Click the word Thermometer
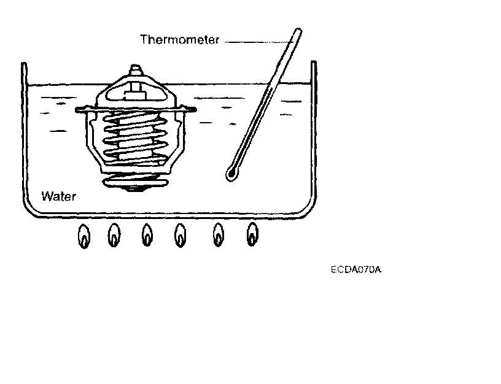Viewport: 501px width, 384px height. coord(180,40)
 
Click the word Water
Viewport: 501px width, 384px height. coord(59,197)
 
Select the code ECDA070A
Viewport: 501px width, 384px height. coord(356,269)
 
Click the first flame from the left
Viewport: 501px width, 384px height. coord(84,237)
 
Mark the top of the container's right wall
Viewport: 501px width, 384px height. coord(314,64)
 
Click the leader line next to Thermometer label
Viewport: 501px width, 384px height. coord(255,41)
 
